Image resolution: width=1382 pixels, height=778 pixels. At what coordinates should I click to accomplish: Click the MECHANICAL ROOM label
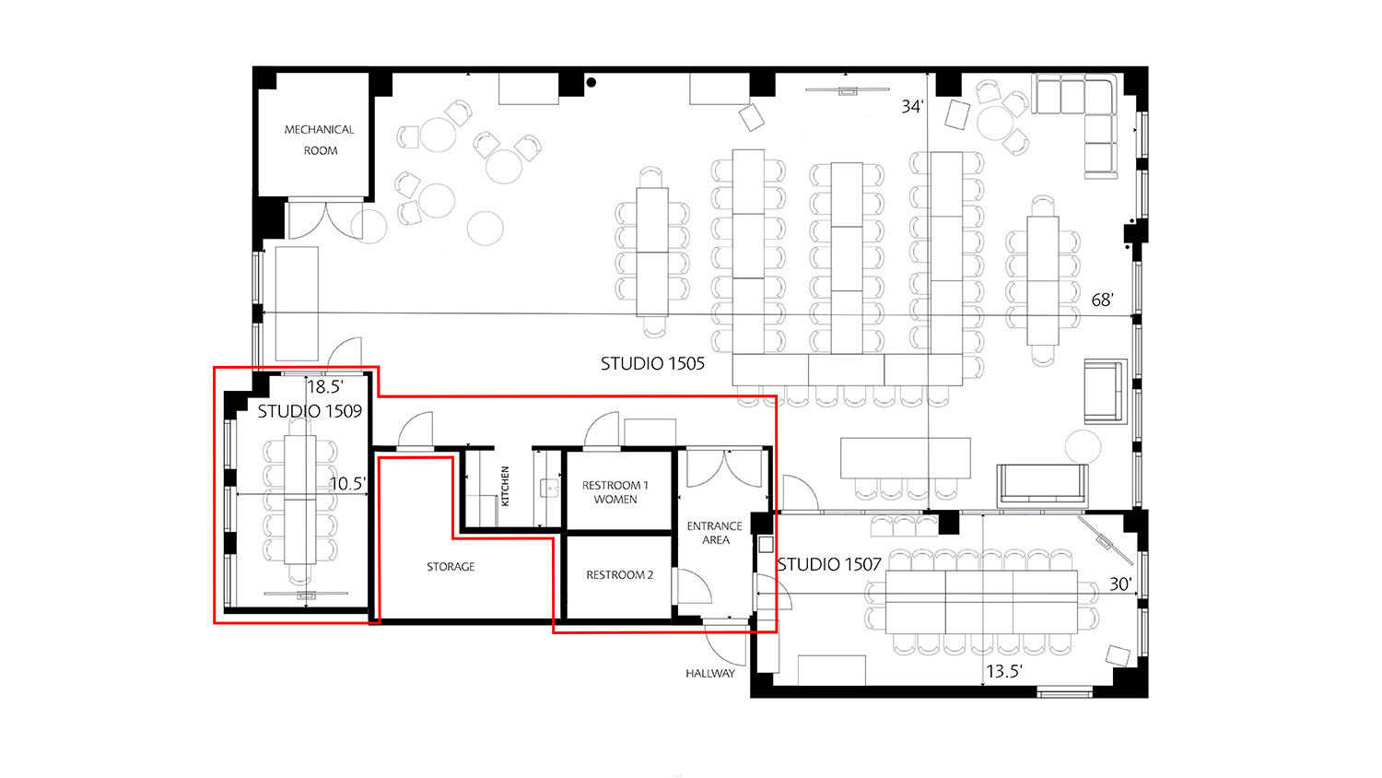320,140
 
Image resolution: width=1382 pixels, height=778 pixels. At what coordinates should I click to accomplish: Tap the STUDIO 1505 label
652,364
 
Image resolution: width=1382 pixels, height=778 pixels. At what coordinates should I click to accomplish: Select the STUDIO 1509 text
310,411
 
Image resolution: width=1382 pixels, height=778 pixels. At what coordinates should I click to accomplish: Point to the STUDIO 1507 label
829,564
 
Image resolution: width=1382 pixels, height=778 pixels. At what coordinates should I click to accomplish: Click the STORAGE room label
451,567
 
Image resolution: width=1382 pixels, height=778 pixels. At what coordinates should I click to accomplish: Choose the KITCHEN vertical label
505,486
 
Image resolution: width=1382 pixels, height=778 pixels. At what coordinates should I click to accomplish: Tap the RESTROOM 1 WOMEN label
615,492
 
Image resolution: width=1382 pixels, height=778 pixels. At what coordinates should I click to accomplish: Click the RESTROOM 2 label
619,575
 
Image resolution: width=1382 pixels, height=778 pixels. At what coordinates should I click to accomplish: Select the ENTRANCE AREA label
715,533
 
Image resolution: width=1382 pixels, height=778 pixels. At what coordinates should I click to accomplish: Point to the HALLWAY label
710,674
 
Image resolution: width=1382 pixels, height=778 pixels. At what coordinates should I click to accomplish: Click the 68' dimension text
1102,301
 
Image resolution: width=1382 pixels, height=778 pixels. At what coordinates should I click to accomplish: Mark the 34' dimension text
912,107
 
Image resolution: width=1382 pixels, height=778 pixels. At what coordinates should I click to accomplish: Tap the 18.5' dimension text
324,387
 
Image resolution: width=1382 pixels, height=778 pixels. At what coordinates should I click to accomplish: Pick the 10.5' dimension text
347,483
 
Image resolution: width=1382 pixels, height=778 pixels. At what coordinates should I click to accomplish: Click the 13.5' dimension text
1003,671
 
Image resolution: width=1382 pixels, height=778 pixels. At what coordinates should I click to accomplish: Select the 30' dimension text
1119,584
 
